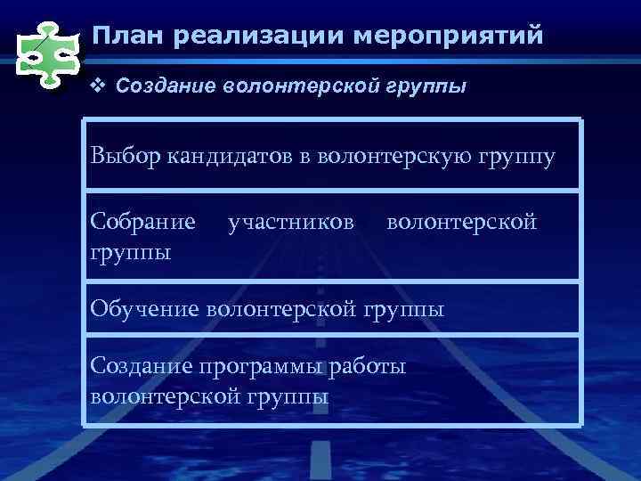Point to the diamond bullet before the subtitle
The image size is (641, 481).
point(99,87)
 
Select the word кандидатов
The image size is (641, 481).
point(230,158)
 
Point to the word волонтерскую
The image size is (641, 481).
point(391,158)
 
